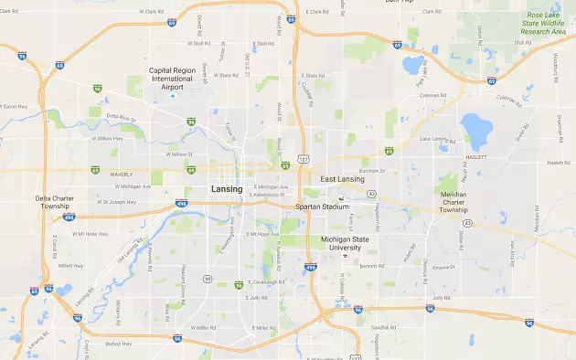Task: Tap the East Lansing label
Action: pos(343,180)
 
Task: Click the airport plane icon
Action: pos(171,95)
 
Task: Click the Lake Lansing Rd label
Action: pos(435,139)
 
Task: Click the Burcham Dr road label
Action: pos(368,170)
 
